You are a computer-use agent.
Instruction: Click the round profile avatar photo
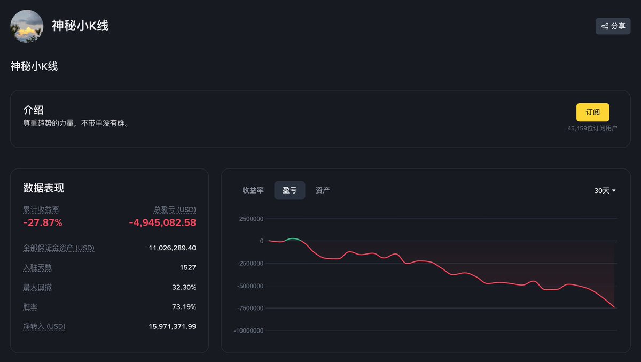coord(27,26)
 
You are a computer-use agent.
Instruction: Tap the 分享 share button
coord(613,26)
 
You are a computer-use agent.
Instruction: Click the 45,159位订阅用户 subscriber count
coord(592,128)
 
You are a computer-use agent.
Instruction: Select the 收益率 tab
coord(253,190)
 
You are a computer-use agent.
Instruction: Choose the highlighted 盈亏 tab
coord(290,190)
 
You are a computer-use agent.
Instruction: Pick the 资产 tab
coord(323,190)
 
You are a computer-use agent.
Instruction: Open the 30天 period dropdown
coord(605,191)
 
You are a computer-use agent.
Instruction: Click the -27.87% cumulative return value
coord(43,222)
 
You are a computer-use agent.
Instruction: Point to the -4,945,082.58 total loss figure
coord(162,222)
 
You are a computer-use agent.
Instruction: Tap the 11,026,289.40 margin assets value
coord(172,248)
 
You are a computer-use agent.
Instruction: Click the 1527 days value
coord(188,267)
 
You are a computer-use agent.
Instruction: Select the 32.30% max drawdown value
coord(184,287)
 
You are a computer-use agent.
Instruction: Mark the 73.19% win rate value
coord(184,307)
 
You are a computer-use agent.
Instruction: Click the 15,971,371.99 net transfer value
coord(172,326)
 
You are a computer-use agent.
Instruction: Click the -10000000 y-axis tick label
coord(248,330)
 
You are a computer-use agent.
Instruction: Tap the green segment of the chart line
coord(294,239)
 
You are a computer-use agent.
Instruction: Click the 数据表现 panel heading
coord(44,188)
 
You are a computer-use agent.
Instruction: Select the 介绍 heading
coord(33,111)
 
